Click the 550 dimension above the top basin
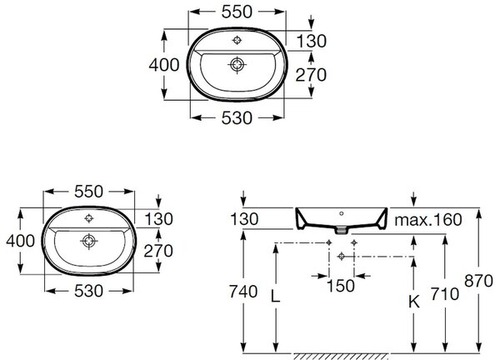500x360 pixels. [x=237, y=12]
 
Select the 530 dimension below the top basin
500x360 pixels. [x=237, y=118]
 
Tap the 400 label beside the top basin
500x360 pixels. [x=164, y=65]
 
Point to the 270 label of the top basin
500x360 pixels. [x=311, y=75]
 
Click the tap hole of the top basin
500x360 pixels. [x=237, y=40]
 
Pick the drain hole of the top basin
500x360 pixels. [x=237, y=65]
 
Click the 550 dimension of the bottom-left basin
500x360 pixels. [x=88, y=192]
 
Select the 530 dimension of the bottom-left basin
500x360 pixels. [x=88, y=291]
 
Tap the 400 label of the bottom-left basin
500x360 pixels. [x=20, y=241]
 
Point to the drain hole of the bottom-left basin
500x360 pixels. [x=88, y=241]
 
